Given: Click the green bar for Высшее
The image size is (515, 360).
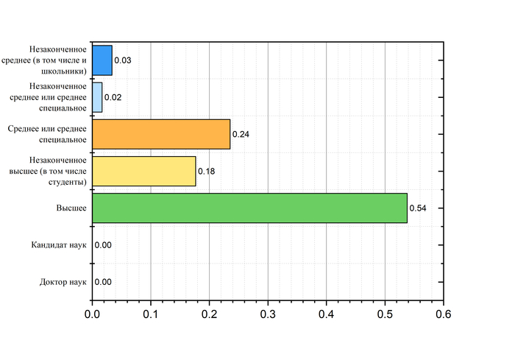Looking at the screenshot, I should click(249, 208).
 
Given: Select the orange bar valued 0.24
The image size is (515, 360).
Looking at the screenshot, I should click(161, 134).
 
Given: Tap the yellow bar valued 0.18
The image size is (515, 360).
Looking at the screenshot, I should click(144, 171).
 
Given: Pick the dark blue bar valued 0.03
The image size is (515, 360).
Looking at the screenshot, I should click(102, 60).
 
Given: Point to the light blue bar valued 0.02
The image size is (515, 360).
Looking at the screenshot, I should click(97, 97).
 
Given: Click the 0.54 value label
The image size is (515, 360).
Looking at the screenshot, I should click(418, 208).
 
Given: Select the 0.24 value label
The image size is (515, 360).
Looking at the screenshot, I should click(241, 135).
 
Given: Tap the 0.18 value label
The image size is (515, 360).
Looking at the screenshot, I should click(207, 172).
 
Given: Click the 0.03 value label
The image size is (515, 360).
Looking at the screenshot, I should click(123, 60).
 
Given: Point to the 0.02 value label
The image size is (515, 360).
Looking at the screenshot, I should click(113, 97).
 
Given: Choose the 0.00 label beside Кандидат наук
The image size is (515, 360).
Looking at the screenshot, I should click(103, 245).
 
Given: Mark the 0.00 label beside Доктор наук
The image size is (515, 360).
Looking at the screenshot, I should click(103, 282).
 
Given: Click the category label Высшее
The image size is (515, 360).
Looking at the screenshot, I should click(72, 208).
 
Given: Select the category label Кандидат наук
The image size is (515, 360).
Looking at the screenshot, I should click(60, 245).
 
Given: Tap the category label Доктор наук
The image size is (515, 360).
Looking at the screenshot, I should click(63, 282).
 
